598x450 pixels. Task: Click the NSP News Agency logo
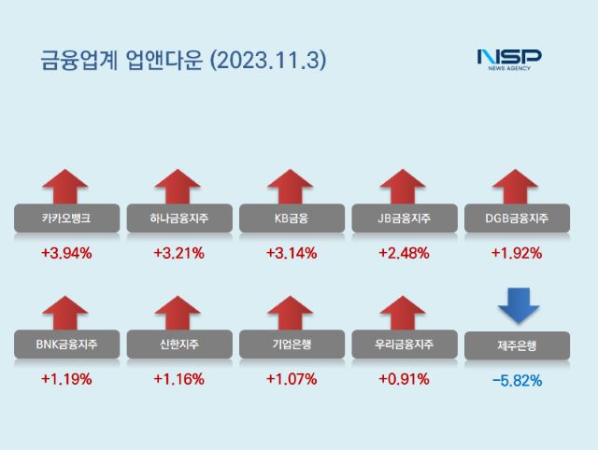(x=508, y=61)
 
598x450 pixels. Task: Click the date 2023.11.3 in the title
(x=269, y=61)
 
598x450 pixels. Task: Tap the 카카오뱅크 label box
(x=66, y=218)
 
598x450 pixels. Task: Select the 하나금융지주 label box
(x=178, y=218)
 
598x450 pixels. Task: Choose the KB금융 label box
(x=291, y=218)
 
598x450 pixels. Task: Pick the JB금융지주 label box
(x=404, y=218)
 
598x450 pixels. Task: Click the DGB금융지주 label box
(x=516, y=218)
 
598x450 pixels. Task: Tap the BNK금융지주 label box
(x=66, y=345)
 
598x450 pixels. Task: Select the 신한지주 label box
(x=178, y=345)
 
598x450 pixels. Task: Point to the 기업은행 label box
(x=291, y=345)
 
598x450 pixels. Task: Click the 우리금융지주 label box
(x=404, y=345)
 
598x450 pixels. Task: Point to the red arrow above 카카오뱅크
(x=65, y=185)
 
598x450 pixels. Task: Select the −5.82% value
(x=516, y=380)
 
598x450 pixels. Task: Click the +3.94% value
(x=66, y=253)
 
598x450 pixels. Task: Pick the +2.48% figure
(x=404, y=253)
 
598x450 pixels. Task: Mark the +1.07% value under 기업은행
(x=291, y=379)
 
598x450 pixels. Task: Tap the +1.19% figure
(x=66, y=379)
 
